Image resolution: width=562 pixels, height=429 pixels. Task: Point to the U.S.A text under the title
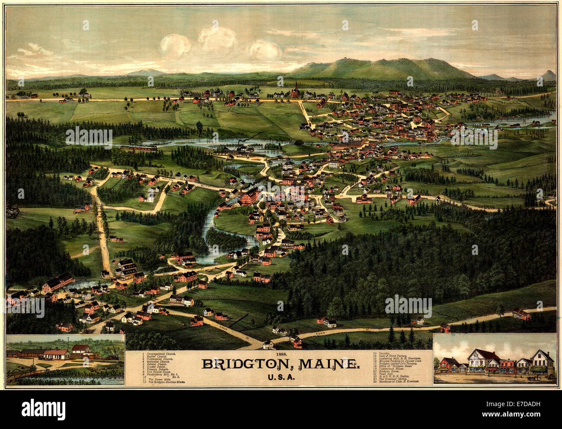click(x=281, y=377)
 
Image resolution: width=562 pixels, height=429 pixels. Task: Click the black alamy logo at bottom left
click(x=44, y=408)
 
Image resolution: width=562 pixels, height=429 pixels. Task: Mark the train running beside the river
click(x=138, y=148)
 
